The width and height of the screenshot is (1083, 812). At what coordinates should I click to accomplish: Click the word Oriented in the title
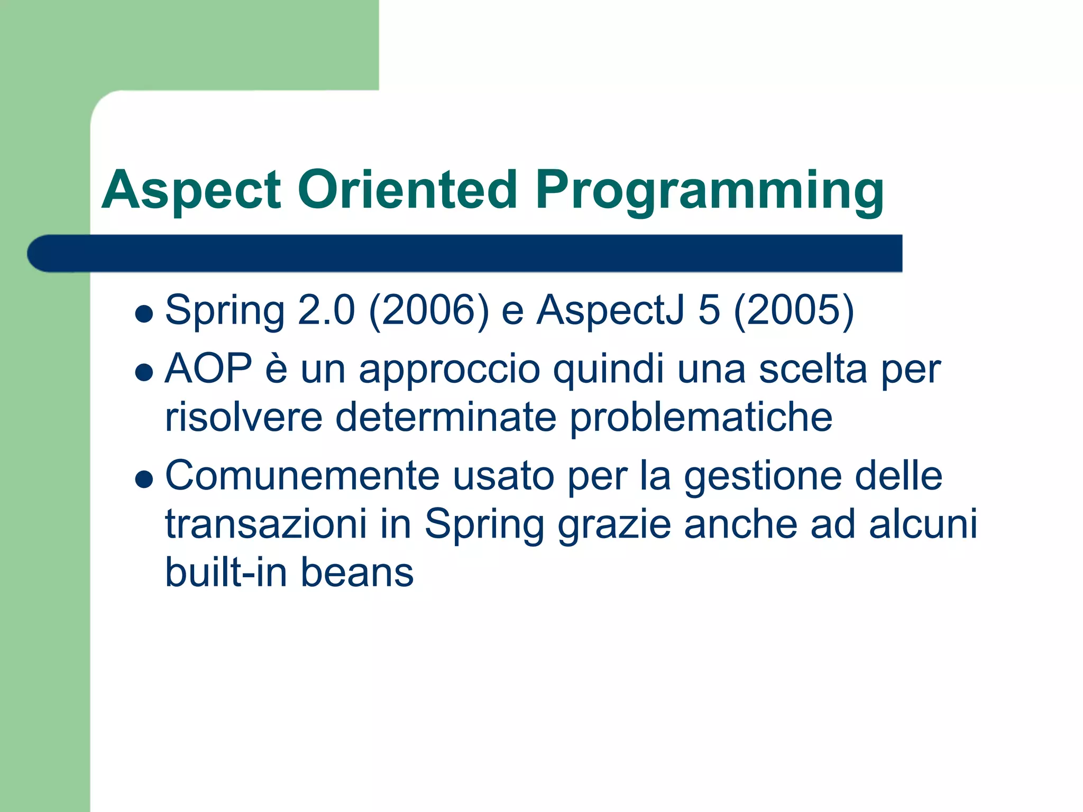[407, 190]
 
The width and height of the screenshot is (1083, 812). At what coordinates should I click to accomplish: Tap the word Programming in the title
[709, 191]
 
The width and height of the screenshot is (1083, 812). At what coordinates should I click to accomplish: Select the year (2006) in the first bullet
[429, 311]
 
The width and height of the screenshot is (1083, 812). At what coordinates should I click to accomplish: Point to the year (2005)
[794, 311]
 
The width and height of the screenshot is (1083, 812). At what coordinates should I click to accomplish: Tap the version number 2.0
[326, 311]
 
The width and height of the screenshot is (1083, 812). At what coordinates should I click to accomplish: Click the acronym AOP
[208, 368]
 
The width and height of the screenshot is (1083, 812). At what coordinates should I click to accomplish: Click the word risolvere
[244, 418]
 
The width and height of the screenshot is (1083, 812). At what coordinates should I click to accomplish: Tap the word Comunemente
[302, 476]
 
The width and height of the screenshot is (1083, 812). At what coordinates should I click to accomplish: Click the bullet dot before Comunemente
[144, 479]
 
